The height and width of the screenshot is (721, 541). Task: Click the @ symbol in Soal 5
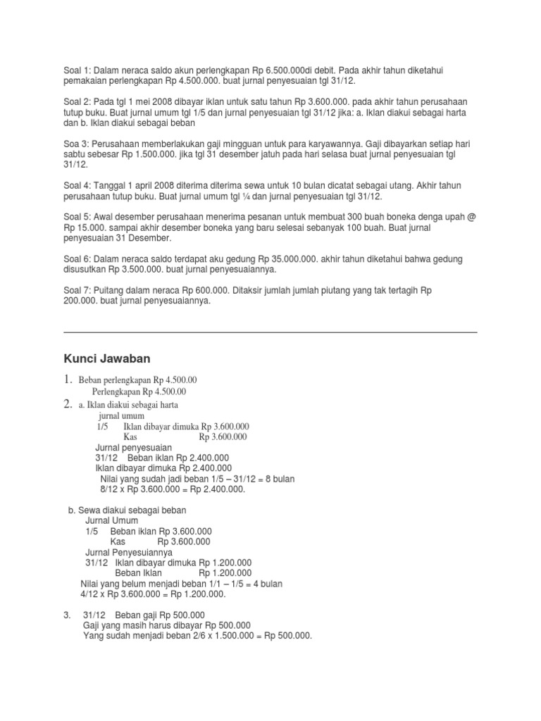pyautogui.click(x=471, y=217)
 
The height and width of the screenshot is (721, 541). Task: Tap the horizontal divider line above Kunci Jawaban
pyautogui.click(x=270, y=332)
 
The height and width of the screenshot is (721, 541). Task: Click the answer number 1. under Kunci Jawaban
pyautogui.click(x=68, y=380)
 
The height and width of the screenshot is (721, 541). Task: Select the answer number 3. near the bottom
pyautogui.click(x=67, y=615)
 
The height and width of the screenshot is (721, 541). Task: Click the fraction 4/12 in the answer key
pyautogui.click(x=92, y=594)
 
